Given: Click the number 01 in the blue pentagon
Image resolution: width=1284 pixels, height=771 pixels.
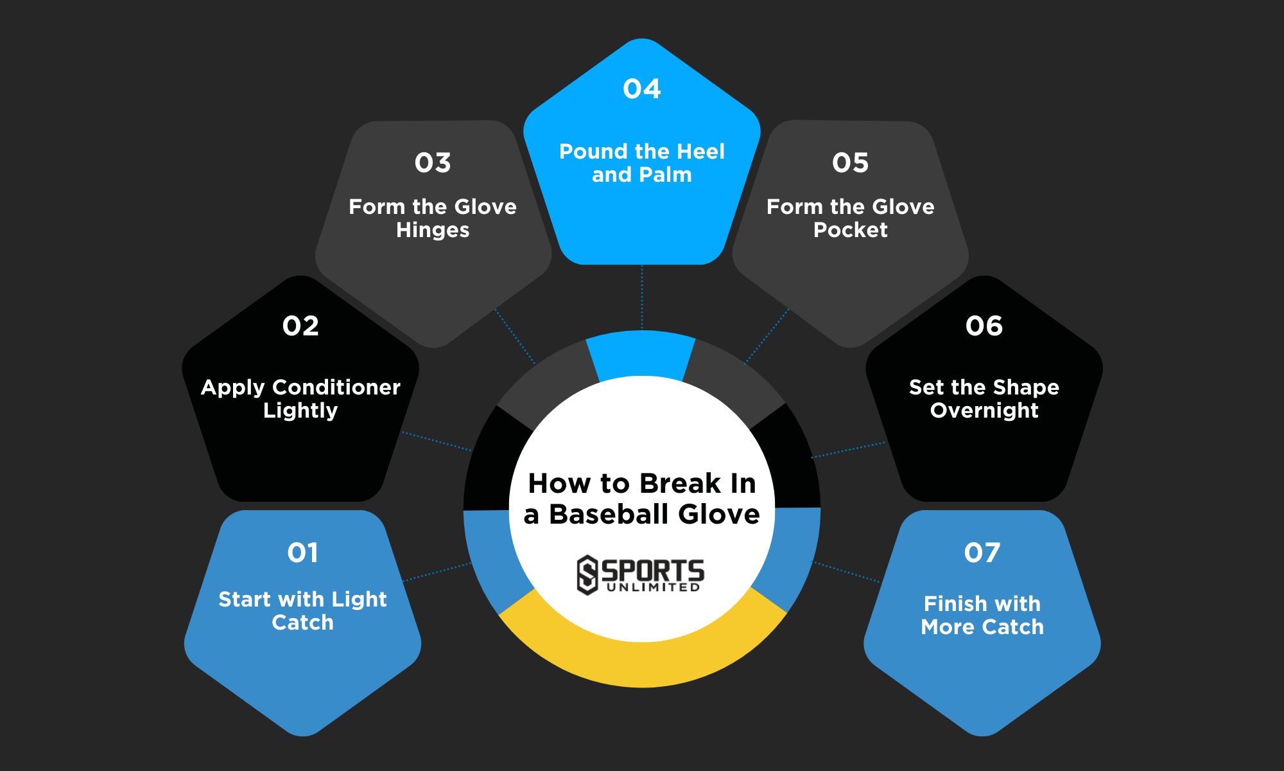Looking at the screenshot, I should tap(302, 553).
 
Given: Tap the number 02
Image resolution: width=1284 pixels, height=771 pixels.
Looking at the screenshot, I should tap(300, 326).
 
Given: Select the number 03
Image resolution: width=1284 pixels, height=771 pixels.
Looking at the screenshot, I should tap(433, 163).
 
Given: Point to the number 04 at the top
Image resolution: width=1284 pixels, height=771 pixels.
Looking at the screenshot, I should tap(642, 89).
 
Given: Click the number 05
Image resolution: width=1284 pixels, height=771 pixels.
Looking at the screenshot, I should tap(851, 163).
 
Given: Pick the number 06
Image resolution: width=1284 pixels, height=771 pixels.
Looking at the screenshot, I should tap(984, 326).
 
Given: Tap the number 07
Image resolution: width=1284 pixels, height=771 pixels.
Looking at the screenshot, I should tap(982, 553).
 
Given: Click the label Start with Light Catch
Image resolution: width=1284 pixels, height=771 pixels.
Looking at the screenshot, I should tap(302, 610).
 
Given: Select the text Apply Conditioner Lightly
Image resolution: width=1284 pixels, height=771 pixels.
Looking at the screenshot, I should tap(300, 398).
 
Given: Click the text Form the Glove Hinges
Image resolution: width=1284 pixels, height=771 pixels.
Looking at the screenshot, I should tap(433, 218).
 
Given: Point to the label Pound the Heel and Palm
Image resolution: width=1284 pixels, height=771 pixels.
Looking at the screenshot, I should tap(642, 163).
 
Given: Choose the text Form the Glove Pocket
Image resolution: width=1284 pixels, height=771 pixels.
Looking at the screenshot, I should tap(851, 218).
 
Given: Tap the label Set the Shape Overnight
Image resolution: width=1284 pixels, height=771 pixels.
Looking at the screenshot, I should tap(984, 398).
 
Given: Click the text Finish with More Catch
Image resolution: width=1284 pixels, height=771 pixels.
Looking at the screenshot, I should tap(982, 615).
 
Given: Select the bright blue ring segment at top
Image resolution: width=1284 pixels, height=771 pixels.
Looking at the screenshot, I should tap(641, 353).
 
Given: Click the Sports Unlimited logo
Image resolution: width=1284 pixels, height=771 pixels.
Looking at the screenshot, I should tap(641, 574).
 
